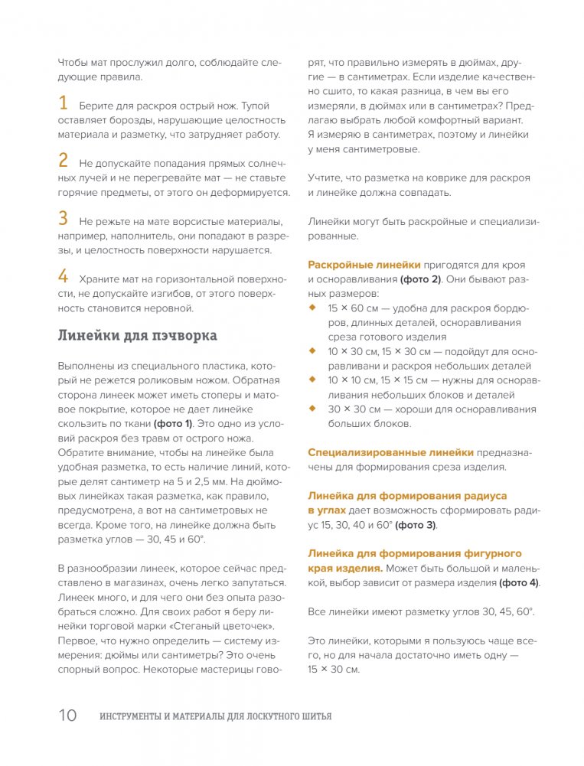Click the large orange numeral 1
point(63,103)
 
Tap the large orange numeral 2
point(64,161)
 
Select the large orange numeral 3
point(64,218)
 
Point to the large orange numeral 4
point(64,275)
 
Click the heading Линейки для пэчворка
point(138,335)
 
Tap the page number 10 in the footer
point(67,716)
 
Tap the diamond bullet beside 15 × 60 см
point(312,308)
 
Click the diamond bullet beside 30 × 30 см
point(312,409)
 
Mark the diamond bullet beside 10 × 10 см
point(312,380)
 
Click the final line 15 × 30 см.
point(333,669)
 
